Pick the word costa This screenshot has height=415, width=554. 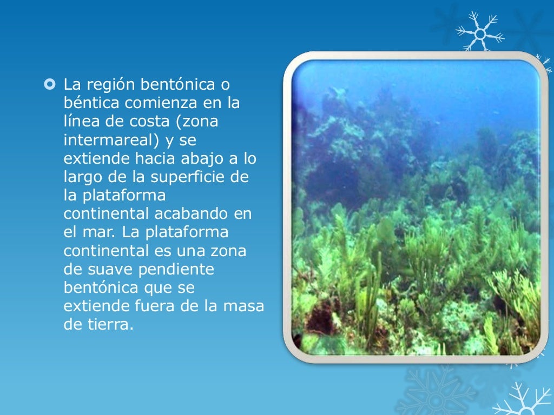153,122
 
